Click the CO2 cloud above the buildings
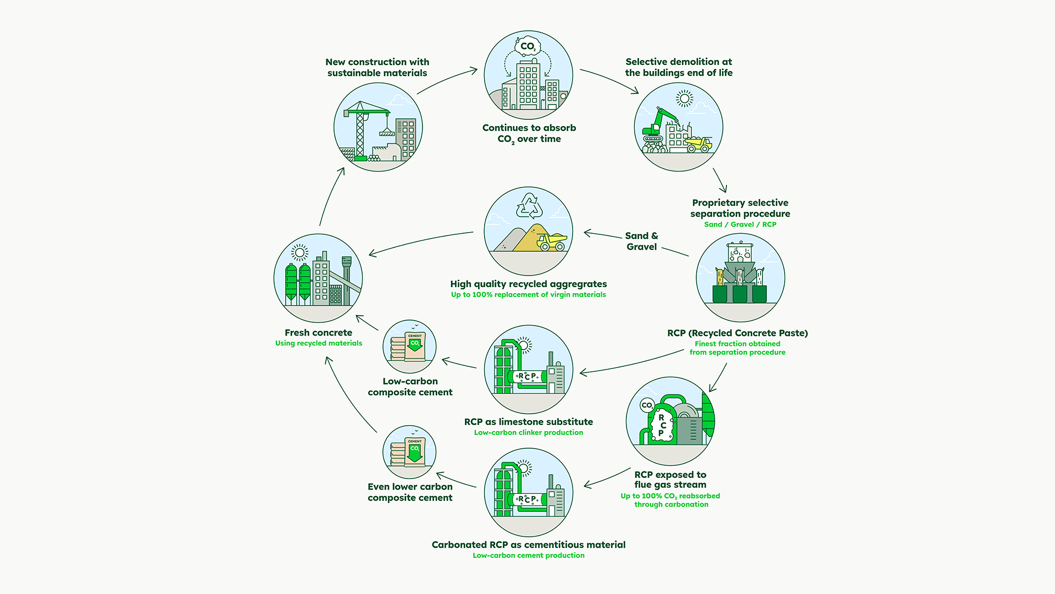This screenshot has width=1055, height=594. coord(527,46)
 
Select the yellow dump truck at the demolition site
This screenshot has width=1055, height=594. coord(698,144)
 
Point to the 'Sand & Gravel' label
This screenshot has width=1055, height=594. coord(641,241)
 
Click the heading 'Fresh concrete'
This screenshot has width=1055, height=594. coord(318,333)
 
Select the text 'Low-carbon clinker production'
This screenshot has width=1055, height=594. coord(528,433)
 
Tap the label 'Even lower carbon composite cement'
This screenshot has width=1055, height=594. coord(410,492)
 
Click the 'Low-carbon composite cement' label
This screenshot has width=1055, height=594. coord(410,387)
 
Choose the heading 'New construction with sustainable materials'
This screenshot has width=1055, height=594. coord(377,68)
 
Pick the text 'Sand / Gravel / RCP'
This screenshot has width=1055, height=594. coord(740,224)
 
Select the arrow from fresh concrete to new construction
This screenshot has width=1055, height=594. coord(331,195)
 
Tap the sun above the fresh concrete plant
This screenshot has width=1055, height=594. coord(299,252)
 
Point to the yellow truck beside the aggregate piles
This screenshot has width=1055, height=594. coord(552,242)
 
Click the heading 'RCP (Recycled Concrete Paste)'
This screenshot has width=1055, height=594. coord(737,333)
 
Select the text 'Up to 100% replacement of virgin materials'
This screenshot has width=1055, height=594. coord(528,295)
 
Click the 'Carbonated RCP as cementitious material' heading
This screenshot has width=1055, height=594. coord(528,545)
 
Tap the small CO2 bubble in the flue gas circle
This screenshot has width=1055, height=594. coord(647,406)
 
